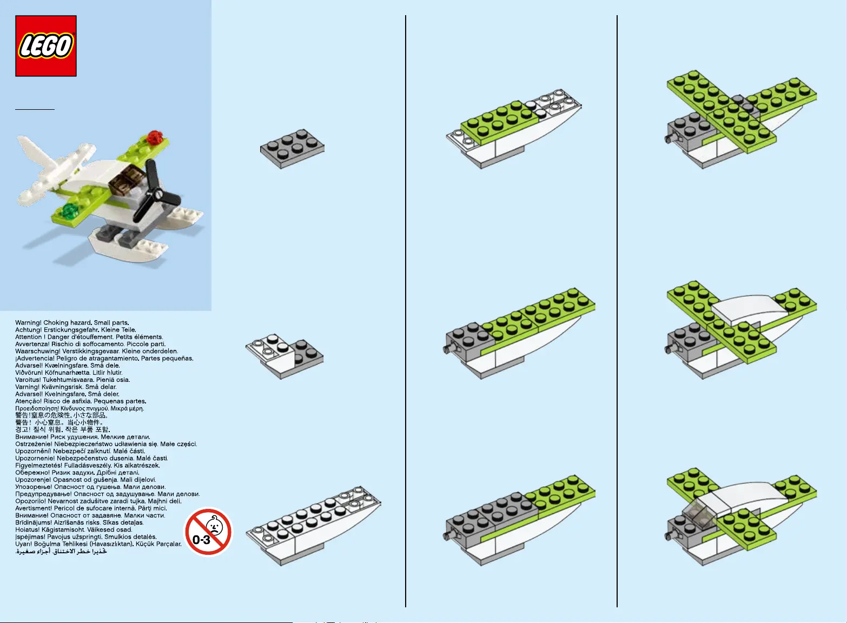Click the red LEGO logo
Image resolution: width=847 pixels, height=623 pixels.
point(46,46)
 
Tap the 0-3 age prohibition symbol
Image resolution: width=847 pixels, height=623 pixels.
point(208,532)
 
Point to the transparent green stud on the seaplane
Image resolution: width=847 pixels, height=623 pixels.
point(68,211)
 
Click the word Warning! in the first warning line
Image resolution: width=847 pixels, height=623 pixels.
point(28,323)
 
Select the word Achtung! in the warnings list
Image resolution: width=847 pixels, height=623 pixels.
point(28,330)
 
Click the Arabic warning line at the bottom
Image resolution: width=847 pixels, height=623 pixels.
point(61,552)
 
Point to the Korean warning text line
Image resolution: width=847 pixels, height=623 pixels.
point(62,429)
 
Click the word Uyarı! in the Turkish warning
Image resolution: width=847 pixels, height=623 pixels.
point(24,544)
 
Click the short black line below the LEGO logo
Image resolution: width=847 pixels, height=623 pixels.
point(35,109)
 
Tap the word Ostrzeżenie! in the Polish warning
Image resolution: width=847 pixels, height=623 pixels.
point(34,444)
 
